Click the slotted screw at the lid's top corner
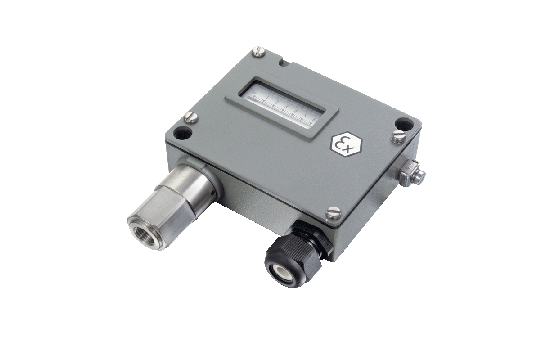(259, 51)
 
